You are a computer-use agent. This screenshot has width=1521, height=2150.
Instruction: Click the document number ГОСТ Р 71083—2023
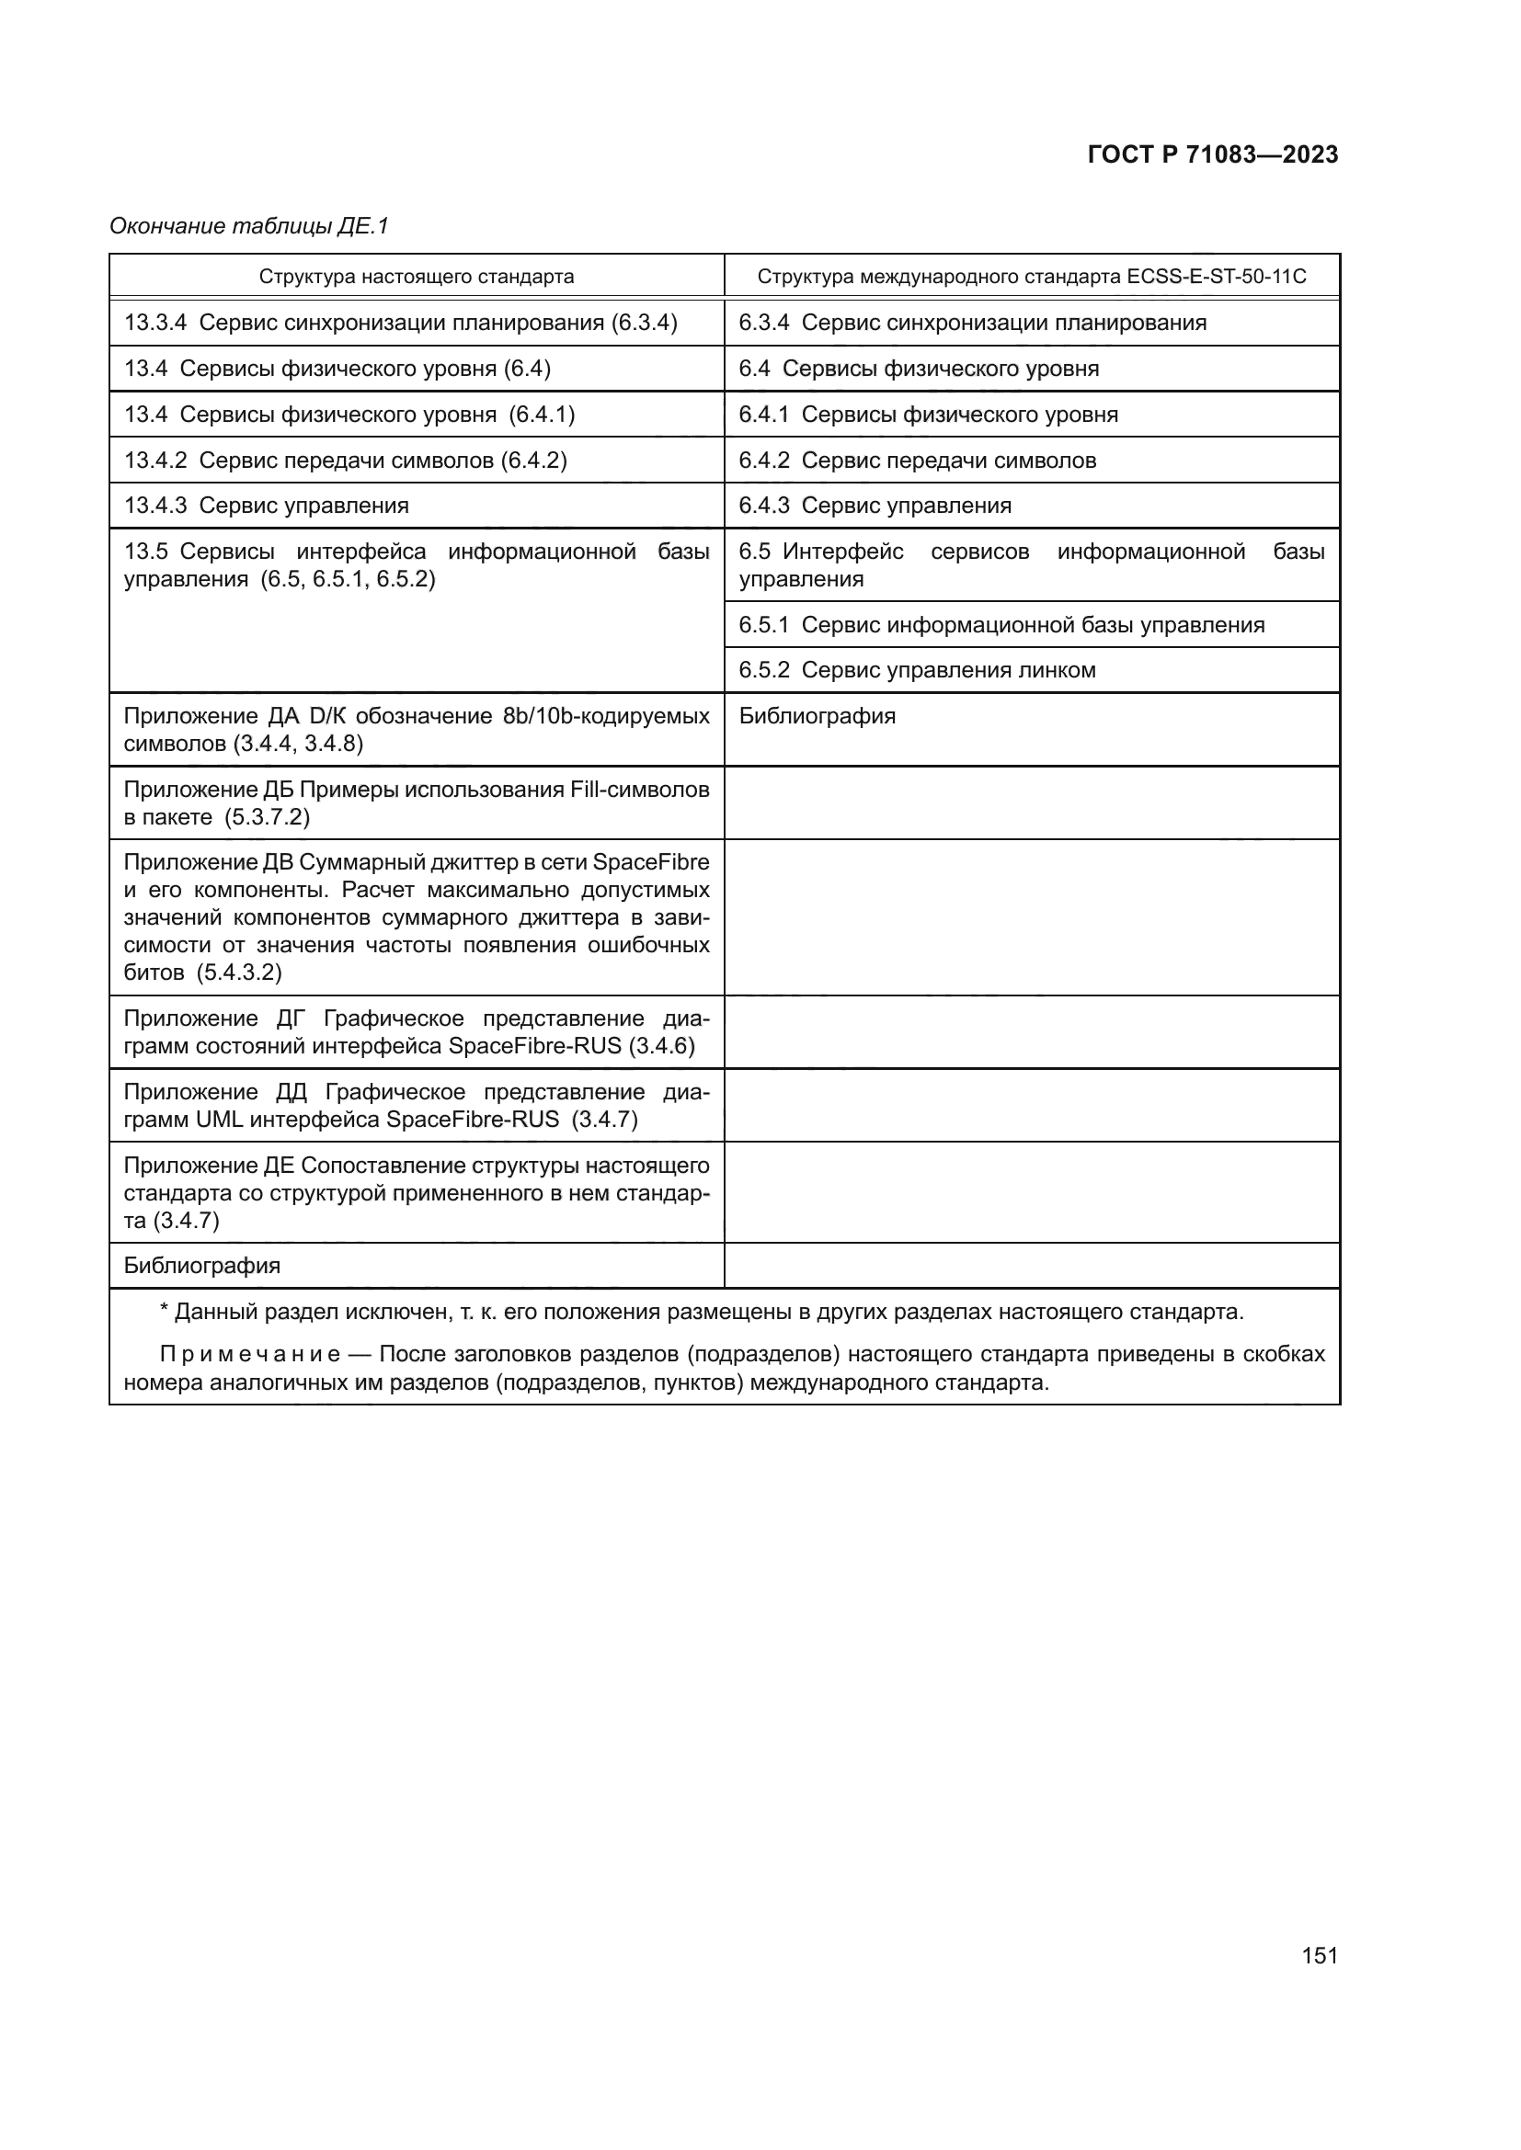(x=1212, y=154)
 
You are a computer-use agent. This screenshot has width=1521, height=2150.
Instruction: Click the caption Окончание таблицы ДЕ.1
(x=249, y=226)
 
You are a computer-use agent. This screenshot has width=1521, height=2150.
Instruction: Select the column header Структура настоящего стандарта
(x=416, y=278)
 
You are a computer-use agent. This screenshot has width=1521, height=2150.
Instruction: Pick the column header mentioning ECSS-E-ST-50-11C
(x=1031, y=278)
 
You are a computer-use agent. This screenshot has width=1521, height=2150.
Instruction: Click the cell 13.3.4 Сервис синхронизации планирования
(x=400, y=323)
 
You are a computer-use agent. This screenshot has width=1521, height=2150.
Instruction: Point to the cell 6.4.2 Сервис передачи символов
(x=917, y=461)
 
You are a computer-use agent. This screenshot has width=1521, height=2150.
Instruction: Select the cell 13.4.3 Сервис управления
(x=267, y=506)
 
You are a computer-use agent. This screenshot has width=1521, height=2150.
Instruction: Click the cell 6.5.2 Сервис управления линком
(x=917, y=670)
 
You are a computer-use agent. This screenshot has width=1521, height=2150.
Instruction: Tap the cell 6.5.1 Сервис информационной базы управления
(x=1001, y=624)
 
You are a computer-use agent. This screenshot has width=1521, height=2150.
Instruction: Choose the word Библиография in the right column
(x=817, y=716)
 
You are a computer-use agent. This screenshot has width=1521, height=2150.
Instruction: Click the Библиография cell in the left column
(x=202, y=1266)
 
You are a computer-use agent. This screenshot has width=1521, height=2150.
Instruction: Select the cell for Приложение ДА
(x=416, y=730)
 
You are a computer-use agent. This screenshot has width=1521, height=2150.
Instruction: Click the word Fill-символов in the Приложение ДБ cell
(x=640, y=790)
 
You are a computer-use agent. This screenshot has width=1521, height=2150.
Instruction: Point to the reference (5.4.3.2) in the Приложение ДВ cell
(x=239, y=972)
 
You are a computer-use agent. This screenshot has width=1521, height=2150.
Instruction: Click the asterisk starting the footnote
(x=165, y=1312)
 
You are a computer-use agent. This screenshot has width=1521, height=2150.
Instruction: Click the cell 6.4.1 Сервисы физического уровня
(x=928, y=415)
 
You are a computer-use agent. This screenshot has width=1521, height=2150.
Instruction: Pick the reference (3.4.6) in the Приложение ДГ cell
(x=662, y=1046)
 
